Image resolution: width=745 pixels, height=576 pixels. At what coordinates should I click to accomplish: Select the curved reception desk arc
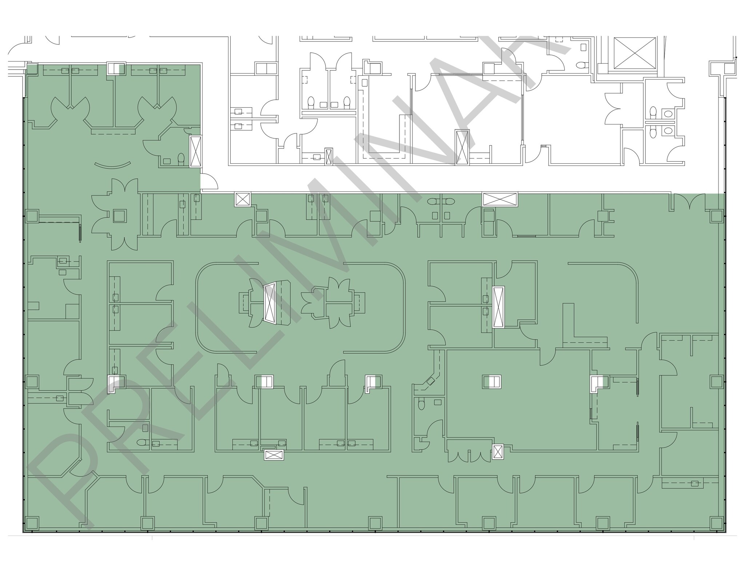point(112,165)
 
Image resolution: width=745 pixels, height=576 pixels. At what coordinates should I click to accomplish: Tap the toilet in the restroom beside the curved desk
point(181,159)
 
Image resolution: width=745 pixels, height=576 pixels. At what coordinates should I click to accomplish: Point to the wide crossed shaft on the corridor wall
point(500,199)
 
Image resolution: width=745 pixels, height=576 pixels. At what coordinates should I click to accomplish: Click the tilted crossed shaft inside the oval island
point(270,303)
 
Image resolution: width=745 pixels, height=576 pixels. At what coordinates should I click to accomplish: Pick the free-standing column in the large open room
point(492,382)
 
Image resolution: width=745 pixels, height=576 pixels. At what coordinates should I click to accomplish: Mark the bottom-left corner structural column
point(32,523)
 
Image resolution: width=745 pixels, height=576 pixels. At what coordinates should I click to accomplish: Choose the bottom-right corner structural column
point(716,523)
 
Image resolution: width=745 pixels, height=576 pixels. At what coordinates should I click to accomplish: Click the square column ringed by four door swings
point(120,216)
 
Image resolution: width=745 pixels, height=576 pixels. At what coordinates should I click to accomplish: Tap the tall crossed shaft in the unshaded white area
point(462,147)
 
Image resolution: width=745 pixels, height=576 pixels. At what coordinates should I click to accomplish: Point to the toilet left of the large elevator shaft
point(581,65)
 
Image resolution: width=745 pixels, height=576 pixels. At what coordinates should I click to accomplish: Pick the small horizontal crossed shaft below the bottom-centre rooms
point(274,455)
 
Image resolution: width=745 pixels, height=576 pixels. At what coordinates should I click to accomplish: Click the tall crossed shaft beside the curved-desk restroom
point(196,152)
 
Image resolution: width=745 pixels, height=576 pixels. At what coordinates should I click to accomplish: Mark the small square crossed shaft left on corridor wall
point(243,199)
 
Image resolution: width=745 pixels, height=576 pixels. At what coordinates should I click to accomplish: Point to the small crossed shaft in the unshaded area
point(328,156)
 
